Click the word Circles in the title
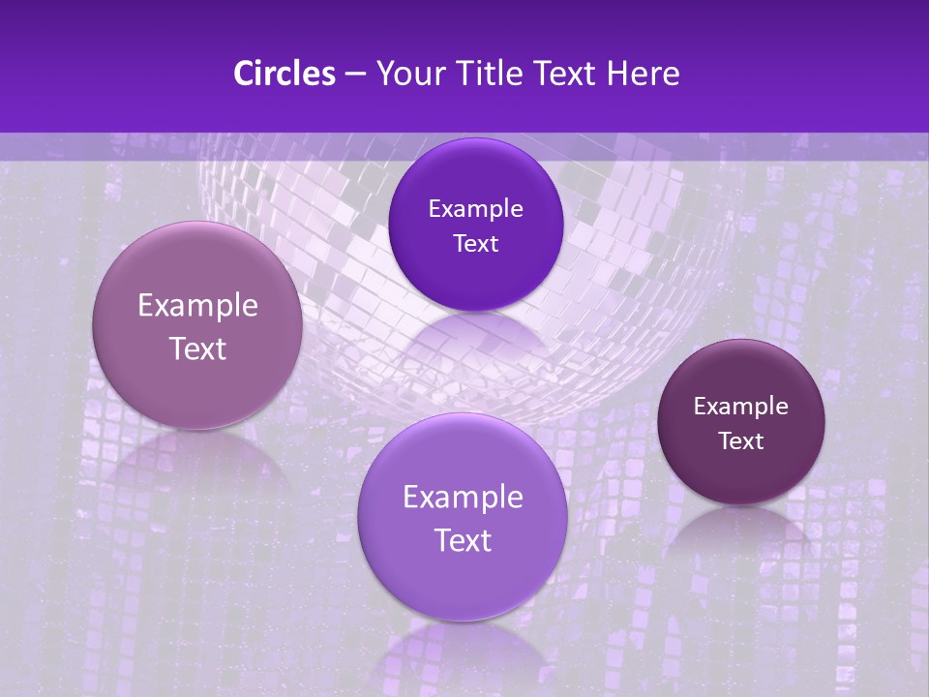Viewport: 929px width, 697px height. [284, 74]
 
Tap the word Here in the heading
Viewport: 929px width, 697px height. [642, 74]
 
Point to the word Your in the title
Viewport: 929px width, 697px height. [407, 74]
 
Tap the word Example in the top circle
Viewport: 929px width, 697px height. [475, 209]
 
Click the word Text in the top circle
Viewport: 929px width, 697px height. [475, 244]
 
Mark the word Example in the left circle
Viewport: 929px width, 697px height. [197, 306]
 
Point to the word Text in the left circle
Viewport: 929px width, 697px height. [197, 348]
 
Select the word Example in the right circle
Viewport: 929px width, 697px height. [741, 407]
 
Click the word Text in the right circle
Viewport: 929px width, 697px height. [741, 441]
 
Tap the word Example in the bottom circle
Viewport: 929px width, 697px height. [463, 498]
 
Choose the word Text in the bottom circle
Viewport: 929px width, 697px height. [463, 540]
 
